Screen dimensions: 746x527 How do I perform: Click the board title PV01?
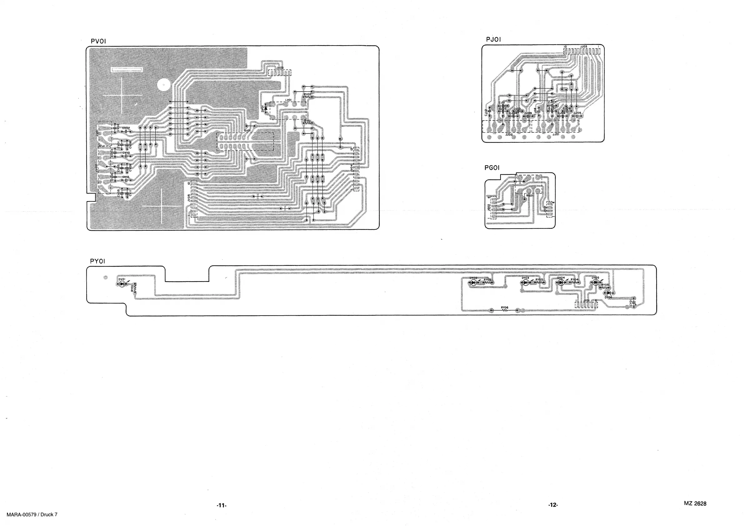pyautogui.click(x=98, y=41)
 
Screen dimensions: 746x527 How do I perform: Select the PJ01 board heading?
pyautogui.click(x=493, y=39)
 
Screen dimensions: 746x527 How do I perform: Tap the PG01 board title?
pyautogui.click(x=491, y=168)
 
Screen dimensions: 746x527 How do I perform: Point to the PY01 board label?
pyautogui.click(x=98, y=261)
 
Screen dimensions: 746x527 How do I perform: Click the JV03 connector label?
pyautogui.click(x=280, y=68)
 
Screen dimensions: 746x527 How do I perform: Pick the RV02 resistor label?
pyautogui.click(x=307, y=94)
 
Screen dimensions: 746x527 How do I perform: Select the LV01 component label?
pyautogui.click(x=288, y=100)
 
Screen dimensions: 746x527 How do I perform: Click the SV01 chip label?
pyautogui.click(x=247, y=131)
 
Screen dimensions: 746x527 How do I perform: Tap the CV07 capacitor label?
pyautogui.click(x=126, y=128)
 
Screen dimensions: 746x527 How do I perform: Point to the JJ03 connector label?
pyautogui.click(x=583, y=47)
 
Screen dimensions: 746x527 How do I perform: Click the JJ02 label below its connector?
pyautogui.click(x=509, y=134)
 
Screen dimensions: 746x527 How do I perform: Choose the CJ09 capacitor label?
pyautogui.click(x=528, y=113)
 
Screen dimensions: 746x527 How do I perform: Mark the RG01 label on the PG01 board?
pyautogui.click(x=530, y=196)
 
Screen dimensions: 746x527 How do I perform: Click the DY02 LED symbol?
pyautogui.click(x=473, y=283)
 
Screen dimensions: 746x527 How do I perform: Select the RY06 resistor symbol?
pyautogui.click(x=504, y=311)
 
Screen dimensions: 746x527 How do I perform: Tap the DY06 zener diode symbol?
pyautogui.click(x=608, y=293)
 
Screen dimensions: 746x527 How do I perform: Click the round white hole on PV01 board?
pyautogui.click(x=164, y=85)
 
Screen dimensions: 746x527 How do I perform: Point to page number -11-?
pyautogui.click(x=221, y=505)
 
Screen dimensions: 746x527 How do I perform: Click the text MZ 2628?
pyautogui.click(x=695, y=504)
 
